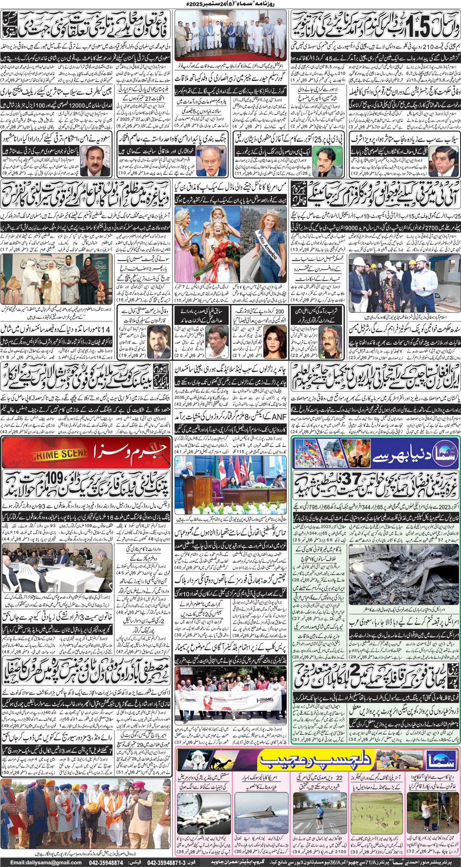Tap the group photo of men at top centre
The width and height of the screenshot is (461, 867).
point(230,41)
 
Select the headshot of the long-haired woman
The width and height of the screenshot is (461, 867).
point(274,341)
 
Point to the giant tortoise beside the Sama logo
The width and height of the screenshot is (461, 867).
point(408,759)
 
